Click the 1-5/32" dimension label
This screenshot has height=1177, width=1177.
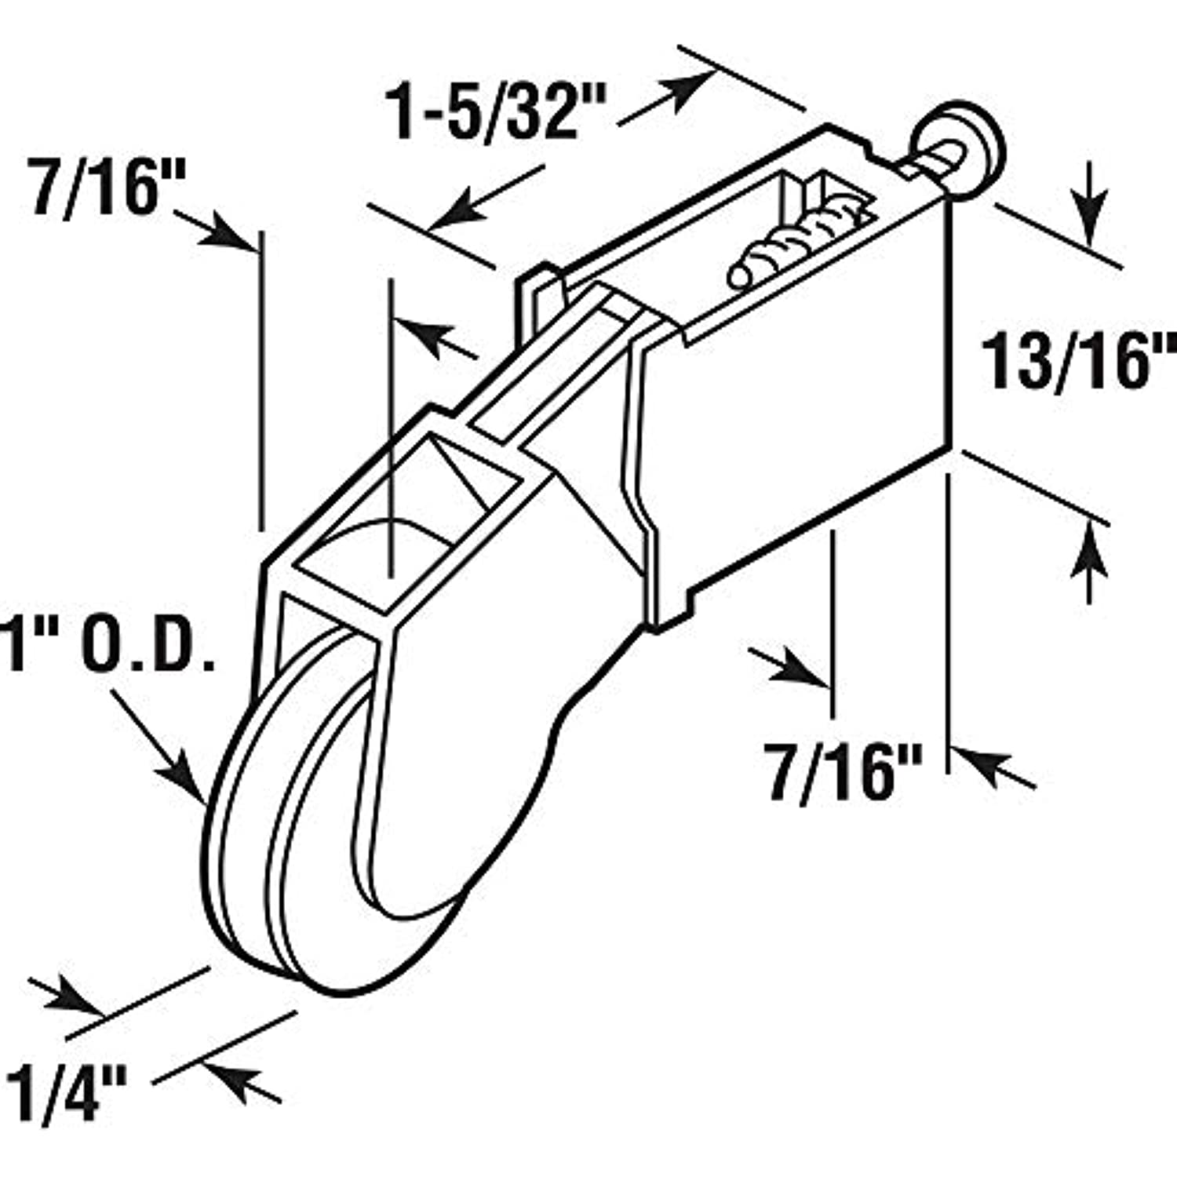tap(496, 112)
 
